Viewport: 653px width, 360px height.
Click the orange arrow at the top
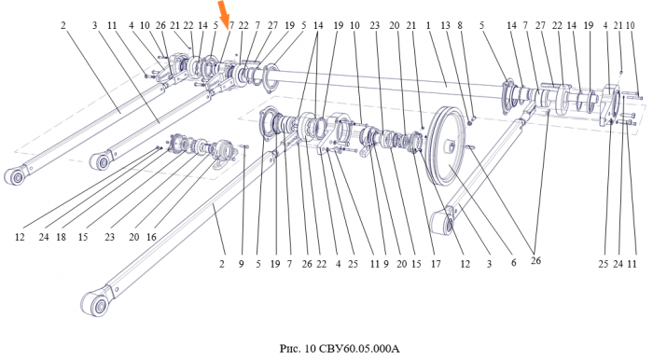224,10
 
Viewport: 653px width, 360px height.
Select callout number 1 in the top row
427,25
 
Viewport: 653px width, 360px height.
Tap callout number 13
445,25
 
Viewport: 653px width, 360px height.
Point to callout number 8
460,25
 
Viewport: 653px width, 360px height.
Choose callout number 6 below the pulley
513,262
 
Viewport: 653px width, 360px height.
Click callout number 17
436,264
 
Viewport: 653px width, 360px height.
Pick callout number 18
61,237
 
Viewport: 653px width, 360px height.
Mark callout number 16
151,237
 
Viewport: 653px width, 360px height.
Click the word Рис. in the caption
289,348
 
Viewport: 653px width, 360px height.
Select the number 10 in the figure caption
311,348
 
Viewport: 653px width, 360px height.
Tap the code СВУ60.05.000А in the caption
359,348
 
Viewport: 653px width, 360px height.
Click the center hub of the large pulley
451,146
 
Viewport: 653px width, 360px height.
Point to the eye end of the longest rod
95,304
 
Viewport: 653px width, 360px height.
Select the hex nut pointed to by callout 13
470,122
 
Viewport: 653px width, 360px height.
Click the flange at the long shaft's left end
271,79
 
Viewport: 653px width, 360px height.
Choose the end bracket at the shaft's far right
610,105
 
